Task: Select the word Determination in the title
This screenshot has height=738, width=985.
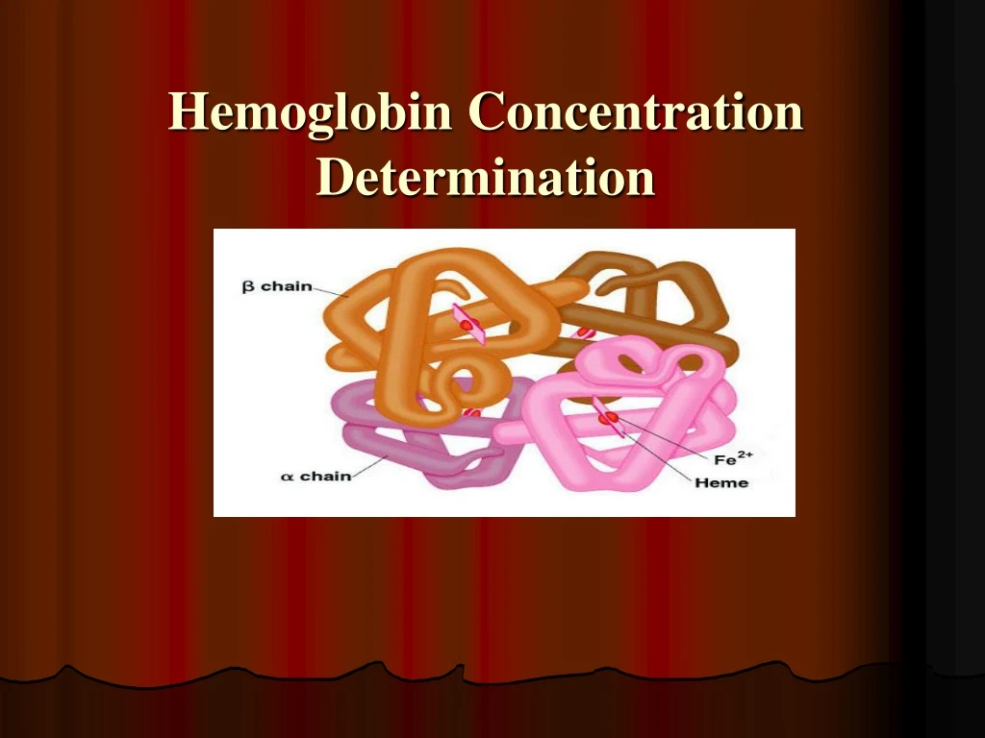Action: [x=486, y=177]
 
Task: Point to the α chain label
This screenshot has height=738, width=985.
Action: [x=316, y=476]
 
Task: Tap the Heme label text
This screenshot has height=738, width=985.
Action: [x=720, y=482]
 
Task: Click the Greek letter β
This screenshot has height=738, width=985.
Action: [x=247, y=286]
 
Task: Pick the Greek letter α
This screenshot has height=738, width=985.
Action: [x=287, y=477]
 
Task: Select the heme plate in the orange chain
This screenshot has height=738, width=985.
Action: [x=468, y=324]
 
